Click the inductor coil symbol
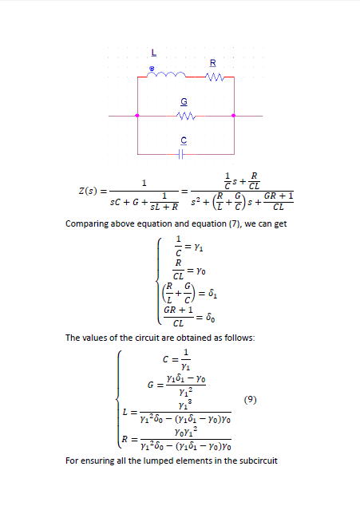pos(166,74)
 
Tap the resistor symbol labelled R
pos(215,77)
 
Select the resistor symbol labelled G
pos(185,116)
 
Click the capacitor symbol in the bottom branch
pos(181,154)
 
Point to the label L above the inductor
pos(154,53)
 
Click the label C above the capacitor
pos(184,140)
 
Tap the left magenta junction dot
pos(137,116)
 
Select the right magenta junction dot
pos(234,116)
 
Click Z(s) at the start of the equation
pos(88,191)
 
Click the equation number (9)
pos(251,399)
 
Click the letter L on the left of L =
pos(125,412)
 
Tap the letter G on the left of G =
pos(151,385)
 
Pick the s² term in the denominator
pos(196,202)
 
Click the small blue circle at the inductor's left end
pos(152,69)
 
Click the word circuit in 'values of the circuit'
pos(147,338)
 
